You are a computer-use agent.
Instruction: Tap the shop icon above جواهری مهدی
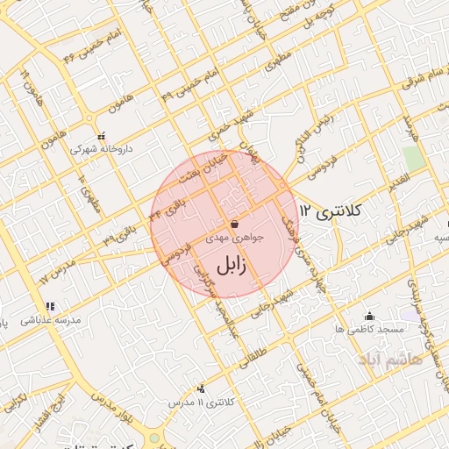232,224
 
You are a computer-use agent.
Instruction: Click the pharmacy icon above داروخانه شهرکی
103,137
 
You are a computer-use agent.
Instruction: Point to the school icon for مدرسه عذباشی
50,306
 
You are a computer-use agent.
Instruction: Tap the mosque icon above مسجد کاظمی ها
369,316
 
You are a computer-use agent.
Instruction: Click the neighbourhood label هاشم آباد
389,359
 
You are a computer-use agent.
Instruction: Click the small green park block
412,158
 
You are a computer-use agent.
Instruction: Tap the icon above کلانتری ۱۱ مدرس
203,388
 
